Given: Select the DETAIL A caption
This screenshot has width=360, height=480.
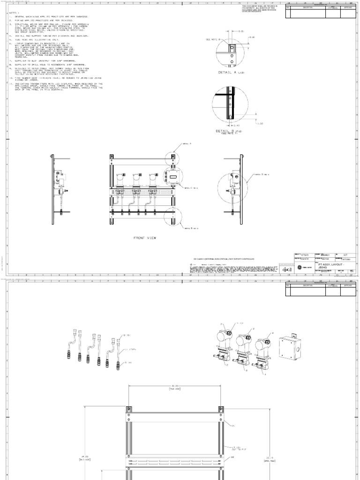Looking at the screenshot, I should point(230,73).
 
